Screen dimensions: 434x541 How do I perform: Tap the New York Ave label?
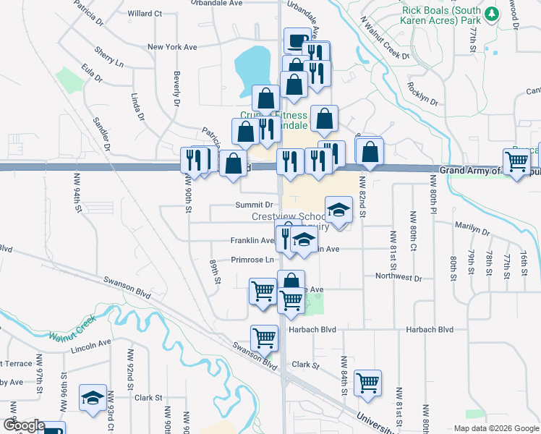tap(172, 47)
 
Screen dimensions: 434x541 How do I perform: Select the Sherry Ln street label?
tap(108, 58)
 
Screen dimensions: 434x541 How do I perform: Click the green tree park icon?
tap(492, 14)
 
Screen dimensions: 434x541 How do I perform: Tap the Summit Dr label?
tap(238, 205)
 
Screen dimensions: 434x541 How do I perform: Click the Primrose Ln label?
tap(252, 260)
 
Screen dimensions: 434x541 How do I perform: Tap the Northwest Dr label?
tap(399, 277)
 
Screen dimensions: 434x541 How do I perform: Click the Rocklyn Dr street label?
tap(423, 95)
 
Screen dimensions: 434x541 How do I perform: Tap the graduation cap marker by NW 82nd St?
tap(338, 210)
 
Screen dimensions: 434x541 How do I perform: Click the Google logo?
tap(23, 426)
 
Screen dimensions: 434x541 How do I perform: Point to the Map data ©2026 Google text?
tap(495, 428)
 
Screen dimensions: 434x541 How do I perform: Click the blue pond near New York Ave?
tap(252, 67)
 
